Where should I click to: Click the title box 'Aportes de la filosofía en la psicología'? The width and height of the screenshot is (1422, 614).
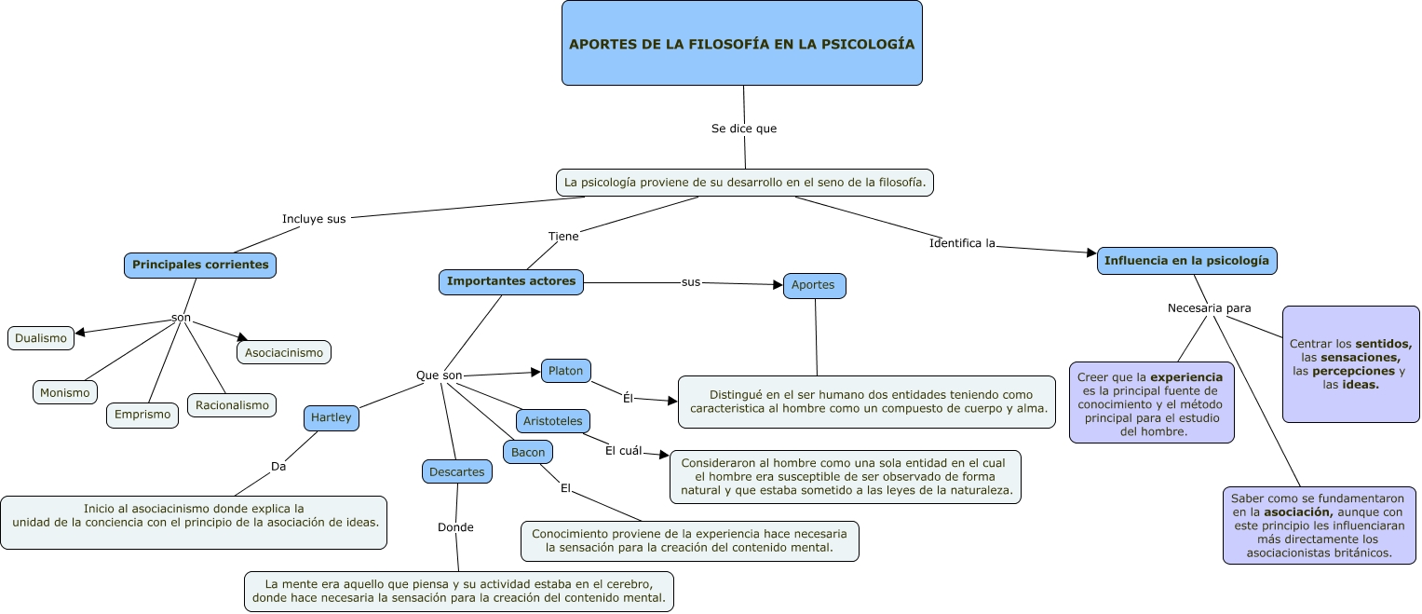click(741, 43)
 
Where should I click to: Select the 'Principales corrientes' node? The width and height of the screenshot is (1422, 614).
click(200, 265)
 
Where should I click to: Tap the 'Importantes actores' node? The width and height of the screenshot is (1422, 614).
click(511, 281)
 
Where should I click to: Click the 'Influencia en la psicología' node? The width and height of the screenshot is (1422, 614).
click(1186, 261)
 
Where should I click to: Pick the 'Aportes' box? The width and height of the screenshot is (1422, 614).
click(814, 285)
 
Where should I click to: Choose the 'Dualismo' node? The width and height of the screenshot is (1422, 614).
click(41, 338)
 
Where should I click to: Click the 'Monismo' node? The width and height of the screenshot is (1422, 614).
click(65, 392)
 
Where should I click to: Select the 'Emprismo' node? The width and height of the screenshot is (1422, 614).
click(142, 415)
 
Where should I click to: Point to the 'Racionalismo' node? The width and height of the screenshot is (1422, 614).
click(232, 404)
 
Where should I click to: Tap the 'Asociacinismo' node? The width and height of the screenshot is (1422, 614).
click(284, 352)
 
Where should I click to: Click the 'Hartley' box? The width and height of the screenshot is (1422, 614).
click(331, 417)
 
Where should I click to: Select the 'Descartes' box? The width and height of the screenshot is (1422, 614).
click(456, 471)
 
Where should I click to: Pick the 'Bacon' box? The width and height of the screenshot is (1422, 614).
click(528, 452)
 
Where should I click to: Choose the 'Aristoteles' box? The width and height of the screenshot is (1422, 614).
click(552, 421)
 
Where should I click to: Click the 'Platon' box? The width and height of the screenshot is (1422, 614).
click(565, 371)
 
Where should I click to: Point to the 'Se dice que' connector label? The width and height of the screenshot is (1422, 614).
click(743, 129)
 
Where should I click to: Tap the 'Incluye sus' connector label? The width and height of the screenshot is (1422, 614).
click(314, 219)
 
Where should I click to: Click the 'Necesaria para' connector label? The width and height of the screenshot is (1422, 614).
click(1209, 307)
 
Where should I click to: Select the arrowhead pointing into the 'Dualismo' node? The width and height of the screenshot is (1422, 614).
click(81, 332)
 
